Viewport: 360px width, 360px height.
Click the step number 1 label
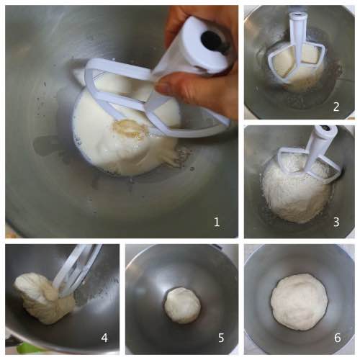[x=217, y=222]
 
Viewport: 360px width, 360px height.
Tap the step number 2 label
[x=336, y=107]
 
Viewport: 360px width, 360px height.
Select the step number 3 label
[x=336, y=222]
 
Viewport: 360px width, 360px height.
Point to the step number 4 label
[x=104, y=338]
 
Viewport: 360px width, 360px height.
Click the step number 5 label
[x=221, y=338]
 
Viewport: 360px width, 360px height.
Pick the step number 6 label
[x=337, y=338]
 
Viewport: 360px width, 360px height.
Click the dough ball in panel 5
[x=182, y=305]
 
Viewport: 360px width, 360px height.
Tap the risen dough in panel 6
[x=299, y=302]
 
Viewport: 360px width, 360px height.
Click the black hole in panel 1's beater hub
[x=211, y=40]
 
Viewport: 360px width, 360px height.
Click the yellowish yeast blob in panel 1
[x=127, y=127]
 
